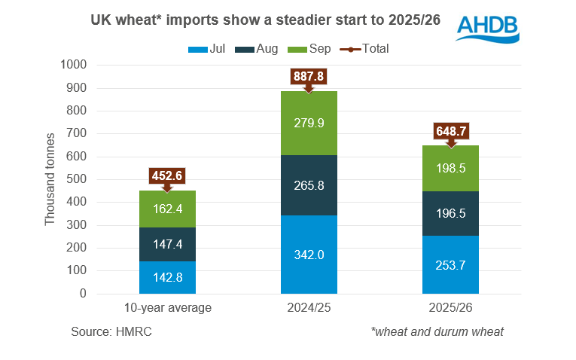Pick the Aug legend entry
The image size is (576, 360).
point(258,48)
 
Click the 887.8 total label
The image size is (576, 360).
point(309,76)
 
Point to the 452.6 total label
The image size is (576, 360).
point(167,175)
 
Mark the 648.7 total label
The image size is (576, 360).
point(450,131)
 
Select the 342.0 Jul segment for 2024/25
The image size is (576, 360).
point(309,255)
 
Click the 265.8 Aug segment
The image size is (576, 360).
point(309,185)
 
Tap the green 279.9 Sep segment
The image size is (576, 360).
point(309,123)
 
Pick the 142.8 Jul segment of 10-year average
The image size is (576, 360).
point(167,276)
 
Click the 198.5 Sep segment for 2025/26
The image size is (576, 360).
point(450,168)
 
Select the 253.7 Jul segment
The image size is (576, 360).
point(450,264)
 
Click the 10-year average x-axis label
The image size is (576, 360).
point(167,309)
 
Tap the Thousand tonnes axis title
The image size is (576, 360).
point(50,179)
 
